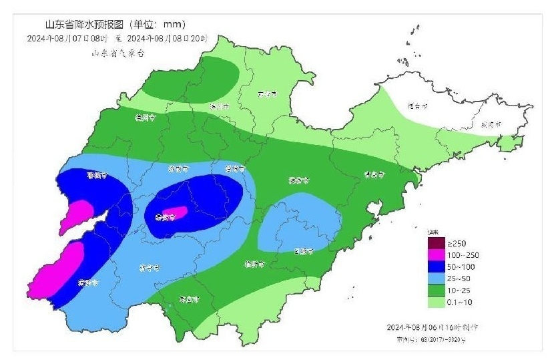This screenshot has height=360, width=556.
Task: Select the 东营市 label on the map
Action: click(x=266, y=94)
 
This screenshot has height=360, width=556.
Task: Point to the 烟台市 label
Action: click(x=417, y=106)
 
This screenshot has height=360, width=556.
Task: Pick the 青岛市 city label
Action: click(x=374, y=174)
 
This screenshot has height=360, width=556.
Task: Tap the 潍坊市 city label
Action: click(x=299, y=180)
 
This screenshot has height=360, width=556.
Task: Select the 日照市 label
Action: click(x=304, y=251)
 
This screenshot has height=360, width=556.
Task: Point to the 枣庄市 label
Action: click(x=190, y=299)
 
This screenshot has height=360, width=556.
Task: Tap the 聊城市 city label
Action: click(x=97, y=176)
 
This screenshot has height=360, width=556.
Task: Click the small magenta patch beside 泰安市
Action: click(x=178, y=213)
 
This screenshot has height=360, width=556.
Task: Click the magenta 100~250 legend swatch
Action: click(x=437, y=254)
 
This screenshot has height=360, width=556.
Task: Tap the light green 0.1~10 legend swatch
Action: click(x=437, y=303)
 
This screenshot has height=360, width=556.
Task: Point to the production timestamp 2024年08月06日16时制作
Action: click(x=432, y=327)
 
